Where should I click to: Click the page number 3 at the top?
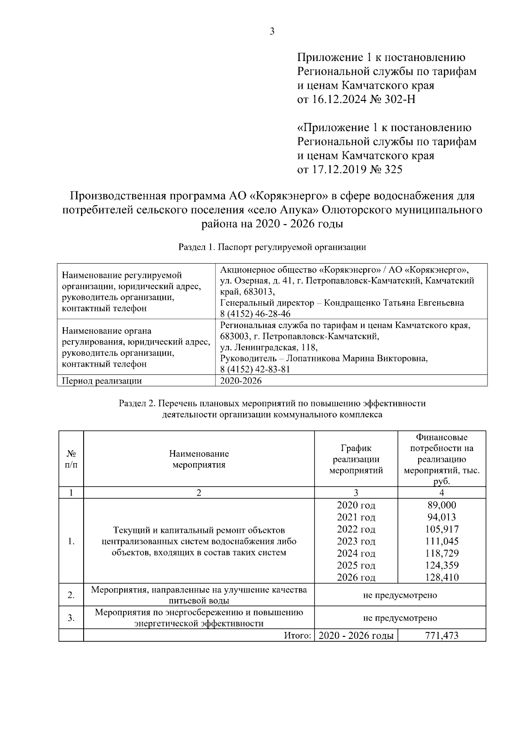point(272,31)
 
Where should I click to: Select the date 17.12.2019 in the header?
point(339,170)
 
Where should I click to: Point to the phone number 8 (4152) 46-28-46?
point(255,314)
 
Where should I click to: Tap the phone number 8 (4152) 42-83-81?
point(255,369)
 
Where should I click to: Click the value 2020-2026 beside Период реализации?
point(241,381)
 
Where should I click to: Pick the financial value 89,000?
point(442,505)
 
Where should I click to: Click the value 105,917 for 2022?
point(442,529)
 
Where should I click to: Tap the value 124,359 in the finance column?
point(442,565)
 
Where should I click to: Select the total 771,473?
point(442,635)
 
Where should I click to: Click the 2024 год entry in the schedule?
point(356,553)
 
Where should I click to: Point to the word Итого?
point(298,635)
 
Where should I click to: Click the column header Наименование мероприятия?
point(199,459)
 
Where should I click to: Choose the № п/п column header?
point(71,459)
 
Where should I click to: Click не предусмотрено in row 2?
point(400,595)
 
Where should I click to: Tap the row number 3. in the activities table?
point(71,618)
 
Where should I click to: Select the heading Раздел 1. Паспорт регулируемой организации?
point(272,247)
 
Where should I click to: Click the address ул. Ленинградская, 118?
point(269,347)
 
